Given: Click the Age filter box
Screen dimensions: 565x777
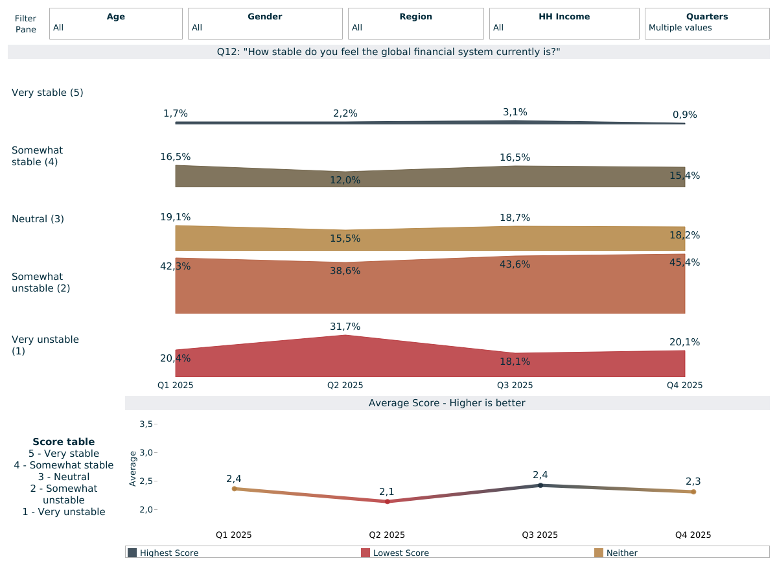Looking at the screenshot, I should [116, 23].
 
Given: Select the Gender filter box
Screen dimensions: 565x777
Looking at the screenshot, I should [265, 23].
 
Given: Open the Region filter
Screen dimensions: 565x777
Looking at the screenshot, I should [416, 23].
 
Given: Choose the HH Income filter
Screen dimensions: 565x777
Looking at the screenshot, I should [564, 23].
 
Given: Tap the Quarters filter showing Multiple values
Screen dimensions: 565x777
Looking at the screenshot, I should [707, 23].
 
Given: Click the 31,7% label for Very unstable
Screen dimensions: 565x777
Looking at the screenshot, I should [345, 327].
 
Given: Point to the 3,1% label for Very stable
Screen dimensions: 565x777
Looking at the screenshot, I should [515, 112].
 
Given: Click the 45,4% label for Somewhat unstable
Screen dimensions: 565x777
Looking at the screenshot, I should [684, 262].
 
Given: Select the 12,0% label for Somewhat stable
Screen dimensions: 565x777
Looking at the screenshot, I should [345, 180].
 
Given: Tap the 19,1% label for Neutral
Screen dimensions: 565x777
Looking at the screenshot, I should [176, 217].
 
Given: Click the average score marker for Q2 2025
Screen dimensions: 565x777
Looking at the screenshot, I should [387, 502].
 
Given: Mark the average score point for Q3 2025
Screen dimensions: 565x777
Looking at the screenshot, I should [540, 485].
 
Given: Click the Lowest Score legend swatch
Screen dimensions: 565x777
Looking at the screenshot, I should [365, 553].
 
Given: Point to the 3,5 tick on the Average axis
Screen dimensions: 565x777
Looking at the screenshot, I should [146, 424].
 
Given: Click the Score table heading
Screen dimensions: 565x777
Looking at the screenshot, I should [64, 442].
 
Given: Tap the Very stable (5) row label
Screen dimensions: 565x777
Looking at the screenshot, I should [47, 93].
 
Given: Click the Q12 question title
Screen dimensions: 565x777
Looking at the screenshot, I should [388, 52].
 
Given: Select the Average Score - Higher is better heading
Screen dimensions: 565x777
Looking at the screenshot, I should [446, 403].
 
